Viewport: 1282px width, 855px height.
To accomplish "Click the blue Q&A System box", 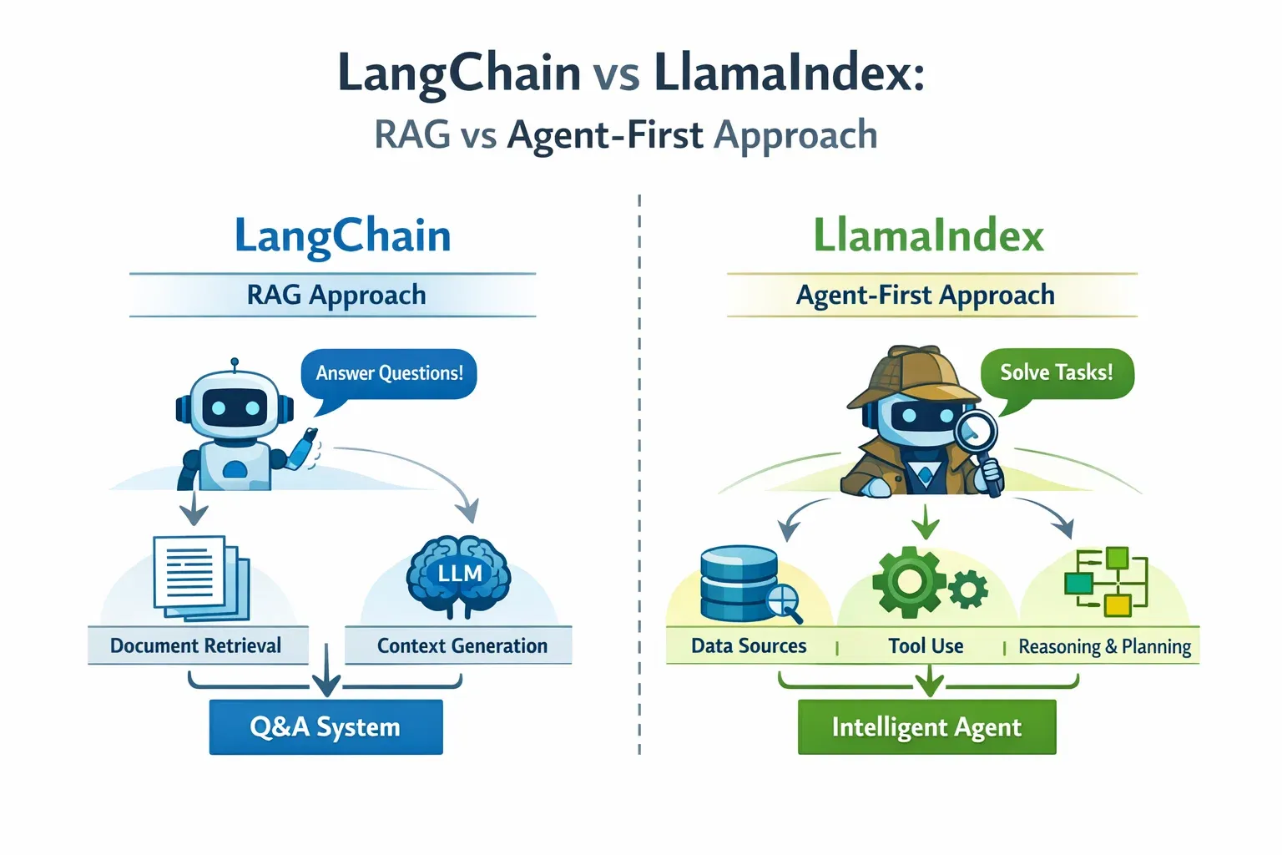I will [326, 727].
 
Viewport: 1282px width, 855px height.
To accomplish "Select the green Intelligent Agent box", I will [926, 727].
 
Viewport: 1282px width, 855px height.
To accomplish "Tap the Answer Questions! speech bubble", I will [389, 373].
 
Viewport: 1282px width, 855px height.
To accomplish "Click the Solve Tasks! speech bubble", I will [1056, 372].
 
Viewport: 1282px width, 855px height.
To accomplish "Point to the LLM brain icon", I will [459, 575].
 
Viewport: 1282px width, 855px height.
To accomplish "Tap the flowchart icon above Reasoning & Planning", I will [1106, 581].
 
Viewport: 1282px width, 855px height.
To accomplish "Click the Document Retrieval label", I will [196, 645].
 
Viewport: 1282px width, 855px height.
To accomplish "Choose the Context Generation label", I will [462, 645].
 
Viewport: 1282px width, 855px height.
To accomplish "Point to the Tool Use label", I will [926, 646].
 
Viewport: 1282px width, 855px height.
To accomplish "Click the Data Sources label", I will [749, 646].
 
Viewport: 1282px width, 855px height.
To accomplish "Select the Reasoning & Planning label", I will [1104, 647].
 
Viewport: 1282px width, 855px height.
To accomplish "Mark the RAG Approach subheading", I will [336, 295].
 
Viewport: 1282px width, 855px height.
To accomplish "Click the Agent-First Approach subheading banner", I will [926, 295].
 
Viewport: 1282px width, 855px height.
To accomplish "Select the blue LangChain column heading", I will [343, 236].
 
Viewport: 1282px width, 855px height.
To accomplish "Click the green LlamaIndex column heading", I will [928, 236].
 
